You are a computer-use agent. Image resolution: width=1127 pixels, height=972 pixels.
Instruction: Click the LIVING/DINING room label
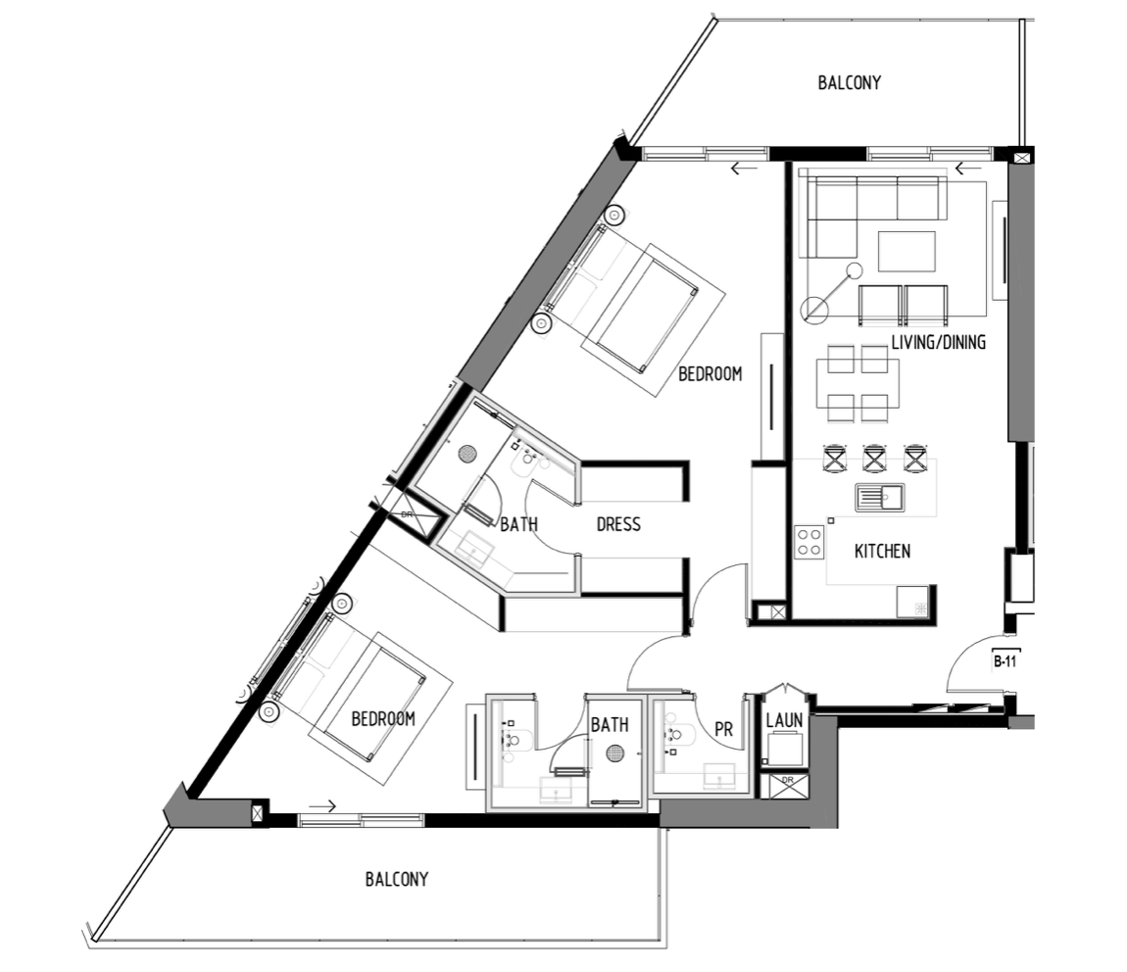[938, 342]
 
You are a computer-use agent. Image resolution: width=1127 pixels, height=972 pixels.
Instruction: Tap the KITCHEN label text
[882, 551]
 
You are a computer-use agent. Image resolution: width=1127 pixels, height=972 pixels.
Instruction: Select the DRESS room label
[618, 524]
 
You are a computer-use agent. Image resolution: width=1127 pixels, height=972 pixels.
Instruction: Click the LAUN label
[783, 720]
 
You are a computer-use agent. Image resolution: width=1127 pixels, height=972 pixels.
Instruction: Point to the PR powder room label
[724, 729]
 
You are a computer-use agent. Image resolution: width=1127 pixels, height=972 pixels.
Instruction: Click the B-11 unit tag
[1004, 661]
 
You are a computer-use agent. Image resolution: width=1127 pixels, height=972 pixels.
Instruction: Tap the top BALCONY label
[849, 82]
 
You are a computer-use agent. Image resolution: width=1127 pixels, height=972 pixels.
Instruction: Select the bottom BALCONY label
[396, 879]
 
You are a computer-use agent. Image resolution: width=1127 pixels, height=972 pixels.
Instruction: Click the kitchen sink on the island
[880, 497]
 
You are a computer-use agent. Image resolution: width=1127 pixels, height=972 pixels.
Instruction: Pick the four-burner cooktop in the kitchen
[808, 543]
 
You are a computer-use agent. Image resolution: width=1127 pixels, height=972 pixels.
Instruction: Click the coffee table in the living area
[906, 252]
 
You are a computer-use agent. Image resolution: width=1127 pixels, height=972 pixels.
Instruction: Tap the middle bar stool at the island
[874, 459]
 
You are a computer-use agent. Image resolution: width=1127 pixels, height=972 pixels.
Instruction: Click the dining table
[857, 383]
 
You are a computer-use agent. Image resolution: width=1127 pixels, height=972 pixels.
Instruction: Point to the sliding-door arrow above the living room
[967, 170]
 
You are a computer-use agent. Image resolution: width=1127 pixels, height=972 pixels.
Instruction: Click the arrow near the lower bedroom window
[322, 806]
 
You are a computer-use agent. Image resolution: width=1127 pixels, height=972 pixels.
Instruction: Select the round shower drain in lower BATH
[614, 753]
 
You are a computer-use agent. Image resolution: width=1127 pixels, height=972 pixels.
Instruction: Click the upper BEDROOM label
[710, 373]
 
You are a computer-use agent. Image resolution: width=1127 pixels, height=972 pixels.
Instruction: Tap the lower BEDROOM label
[383, 719]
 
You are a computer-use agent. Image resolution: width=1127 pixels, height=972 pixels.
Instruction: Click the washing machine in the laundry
[786, 749]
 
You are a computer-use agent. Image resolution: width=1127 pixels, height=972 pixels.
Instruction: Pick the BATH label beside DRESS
[519, 524]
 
